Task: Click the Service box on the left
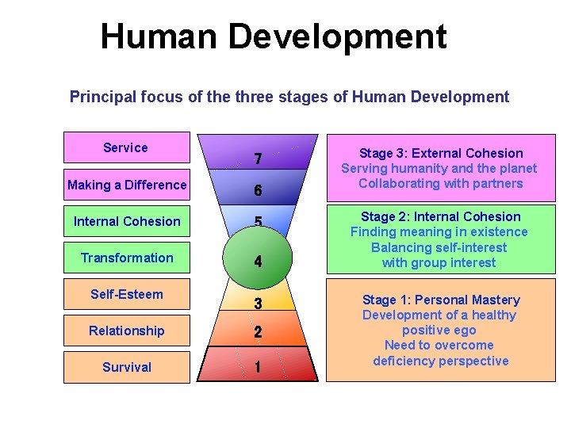coord(126,147)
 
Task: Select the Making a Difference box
coord(127,185)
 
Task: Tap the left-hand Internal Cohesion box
coord(127,221)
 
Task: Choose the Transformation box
coord(127,258)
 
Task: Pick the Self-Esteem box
coord(127,294)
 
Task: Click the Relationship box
coord(127,331)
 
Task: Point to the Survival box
coord(127,367)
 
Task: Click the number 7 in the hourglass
coord(258,159)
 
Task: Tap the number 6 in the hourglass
coord(258,191)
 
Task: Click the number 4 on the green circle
coord(258,261)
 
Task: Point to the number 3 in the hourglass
coord(258,304)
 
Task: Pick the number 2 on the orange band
coord(258,333)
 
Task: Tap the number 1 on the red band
coord(258,367)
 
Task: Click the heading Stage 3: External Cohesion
coord(441,153)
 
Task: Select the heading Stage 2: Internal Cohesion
coord(441,216)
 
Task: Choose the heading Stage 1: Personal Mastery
coord(441,300)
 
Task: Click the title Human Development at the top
coord(274,36)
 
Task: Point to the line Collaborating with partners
coord(441,183)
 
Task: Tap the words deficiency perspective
coord(441,361)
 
